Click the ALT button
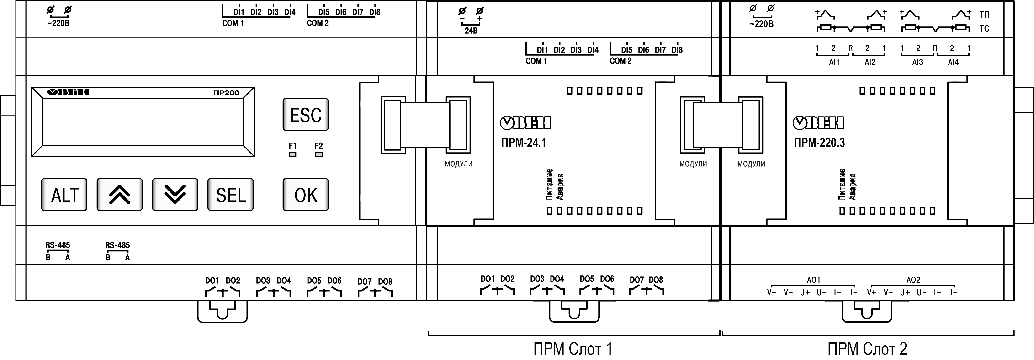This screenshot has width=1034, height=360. (64, 195)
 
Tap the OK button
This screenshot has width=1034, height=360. (305, 195)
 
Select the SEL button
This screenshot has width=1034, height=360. (230, 195)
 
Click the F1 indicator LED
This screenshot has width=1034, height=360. (293, 154)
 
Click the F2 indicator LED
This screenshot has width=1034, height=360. (319, 154)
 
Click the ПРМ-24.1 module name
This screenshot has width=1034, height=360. (523, 143)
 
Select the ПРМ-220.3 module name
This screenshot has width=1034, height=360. (819, 143)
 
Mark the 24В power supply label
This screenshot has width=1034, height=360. (471, 31)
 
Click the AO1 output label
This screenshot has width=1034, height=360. (814, 280)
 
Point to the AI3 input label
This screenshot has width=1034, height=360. (917, 62)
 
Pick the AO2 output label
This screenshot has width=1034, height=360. (913, 280)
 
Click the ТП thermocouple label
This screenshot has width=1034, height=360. (984, 15)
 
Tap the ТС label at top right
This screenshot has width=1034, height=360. (984, 28)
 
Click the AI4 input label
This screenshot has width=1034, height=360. (953, 62)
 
